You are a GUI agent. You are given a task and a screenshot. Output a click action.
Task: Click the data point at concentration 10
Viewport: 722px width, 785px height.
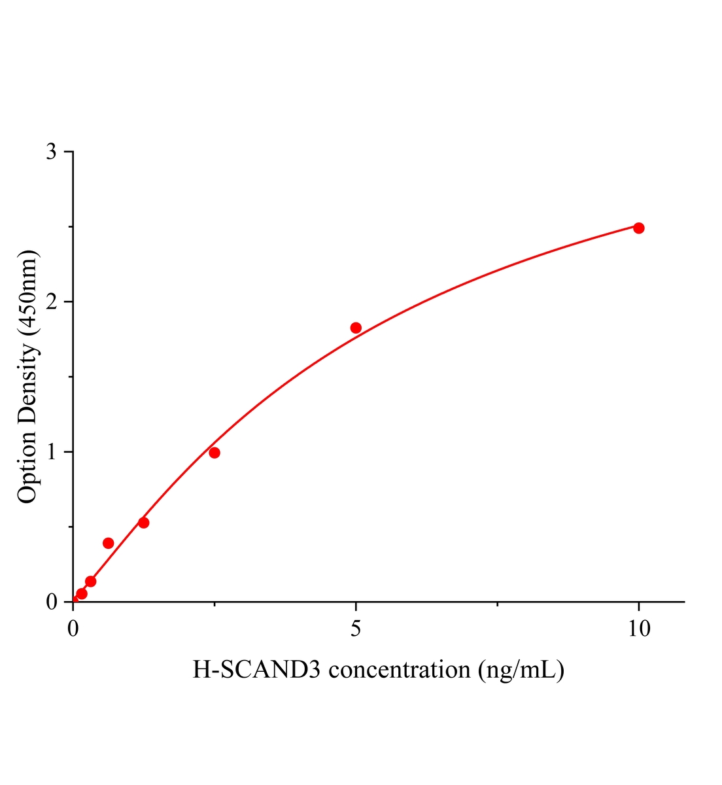(638, 228)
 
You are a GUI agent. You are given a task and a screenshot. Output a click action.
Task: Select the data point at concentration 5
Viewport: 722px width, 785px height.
(356, 328)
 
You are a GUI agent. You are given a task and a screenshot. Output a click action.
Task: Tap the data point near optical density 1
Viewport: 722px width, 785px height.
(215, 453)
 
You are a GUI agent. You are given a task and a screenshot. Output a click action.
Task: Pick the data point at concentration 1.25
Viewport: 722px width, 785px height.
(144, 523)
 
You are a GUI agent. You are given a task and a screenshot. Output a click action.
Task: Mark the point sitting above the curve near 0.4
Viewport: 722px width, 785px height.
(109, 543)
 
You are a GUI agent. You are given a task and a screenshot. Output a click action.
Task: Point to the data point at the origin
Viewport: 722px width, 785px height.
(74, 601)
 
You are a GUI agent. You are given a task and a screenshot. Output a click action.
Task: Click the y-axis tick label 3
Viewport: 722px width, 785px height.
(52, 152)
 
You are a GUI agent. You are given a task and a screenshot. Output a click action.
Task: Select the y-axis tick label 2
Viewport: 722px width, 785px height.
(52, 302)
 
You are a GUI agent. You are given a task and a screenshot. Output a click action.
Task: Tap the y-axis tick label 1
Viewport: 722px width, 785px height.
(52, 452)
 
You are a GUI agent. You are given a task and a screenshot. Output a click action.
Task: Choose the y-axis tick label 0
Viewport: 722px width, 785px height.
(52, 602)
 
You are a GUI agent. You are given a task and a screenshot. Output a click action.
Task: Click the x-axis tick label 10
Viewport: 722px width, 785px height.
(638, 629)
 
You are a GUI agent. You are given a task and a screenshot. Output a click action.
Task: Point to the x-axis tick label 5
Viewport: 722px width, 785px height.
(356, 629)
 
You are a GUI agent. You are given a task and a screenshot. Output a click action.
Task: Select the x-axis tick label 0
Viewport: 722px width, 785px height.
(73, 629)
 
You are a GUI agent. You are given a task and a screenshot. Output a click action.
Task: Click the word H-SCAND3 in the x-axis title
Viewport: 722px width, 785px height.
(257, 670)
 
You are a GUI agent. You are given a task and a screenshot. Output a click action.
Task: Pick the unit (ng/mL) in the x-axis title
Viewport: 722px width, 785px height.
(521, 670)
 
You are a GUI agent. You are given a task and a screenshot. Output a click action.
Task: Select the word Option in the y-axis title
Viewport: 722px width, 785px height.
(27, 468)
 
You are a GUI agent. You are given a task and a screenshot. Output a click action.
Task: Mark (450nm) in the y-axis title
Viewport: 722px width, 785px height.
(27, 292)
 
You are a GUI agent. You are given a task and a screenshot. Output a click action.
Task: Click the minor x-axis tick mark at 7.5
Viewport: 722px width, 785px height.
(497, 604)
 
